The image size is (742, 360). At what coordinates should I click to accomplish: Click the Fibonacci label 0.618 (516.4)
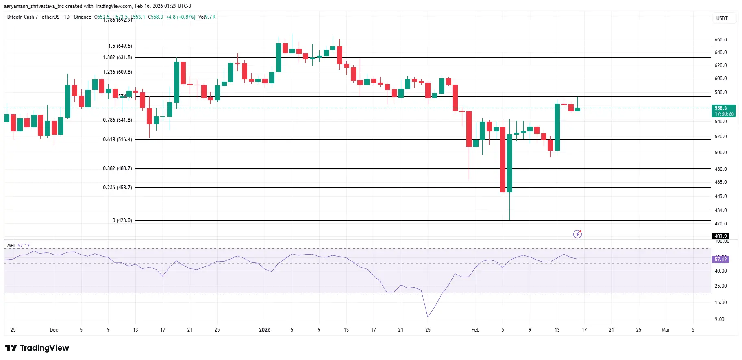pyautogui.click(x=117, y=140)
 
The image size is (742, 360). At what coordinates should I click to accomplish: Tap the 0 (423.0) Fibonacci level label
pyautogui.click(x=122, y=220)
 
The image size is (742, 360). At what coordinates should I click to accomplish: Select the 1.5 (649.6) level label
pyautogui.click(x=120, y=46)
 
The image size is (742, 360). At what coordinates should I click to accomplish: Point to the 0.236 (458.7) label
pyautogui.click(x=117, y=188)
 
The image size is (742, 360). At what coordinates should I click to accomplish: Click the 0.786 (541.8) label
pyautogui.click(x=117, y=120)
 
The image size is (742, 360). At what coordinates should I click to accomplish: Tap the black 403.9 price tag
pyautogui.click(x=720, y=236)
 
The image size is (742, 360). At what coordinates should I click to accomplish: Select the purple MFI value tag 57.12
pyautogui.click(x=720, y=260)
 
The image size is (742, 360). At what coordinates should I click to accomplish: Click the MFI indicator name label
pyautogui.click(x=11, y=246)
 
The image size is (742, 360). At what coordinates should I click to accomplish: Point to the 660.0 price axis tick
pyautogui.click(x=720, y=40)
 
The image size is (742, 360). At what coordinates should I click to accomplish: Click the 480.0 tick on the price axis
pyautogui.click(x=720, y=169)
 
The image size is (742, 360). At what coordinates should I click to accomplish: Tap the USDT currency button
pyautogui.click(x=722, y=18)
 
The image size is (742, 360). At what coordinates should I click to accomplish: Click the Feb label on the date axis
pyautogui.click(x=475, y=330)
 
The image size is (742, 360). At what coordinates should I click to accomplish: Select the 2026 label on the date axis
pyautogui.click(x=265, y=330)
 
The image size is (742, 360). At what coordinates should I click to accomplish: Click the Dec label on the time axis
pyautogui.click(x=54, y=330)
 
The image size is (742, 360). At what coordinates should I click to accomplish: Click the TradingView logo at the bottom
pyautogui.click(x=37, y=348)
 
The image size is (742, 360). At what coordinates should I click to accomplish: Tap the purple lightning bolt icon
pyautogui.click(x=577, y=234)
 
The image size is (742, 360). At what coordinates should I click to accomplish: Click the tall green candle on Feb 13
pyautogui.click(x=557, y=127)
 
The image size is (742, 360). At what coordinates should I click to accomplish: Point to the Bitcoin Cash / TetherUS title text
pyautogui.click(x=33, y=17)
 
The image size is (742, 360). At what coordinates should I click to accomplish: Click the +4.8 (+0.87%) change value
pyautogui.click(x=180, y=17)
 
